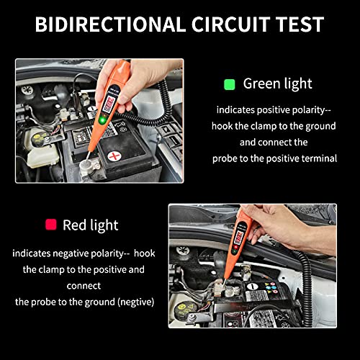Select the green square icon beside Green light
230,84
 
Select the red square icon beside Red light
51,225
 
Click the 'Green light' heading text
277,84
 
